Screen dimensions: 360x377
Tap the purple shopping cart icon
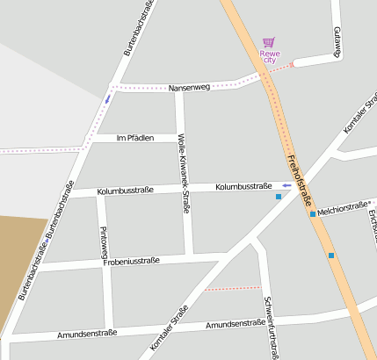[x=268, y=41]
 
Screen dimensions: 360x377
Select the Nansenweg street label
[x=189, y=88]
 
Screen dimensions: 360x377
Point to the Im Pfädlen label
[x=134, y=138]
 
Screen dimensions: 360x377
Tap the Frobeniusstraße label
[x=130, y=261]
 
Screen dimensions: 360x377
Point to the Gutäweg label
[x=337, y=41]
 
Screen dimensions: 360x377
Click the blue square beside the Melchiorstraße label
[x=312, y=213]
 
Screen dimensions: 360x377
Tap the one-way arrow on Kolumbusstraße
[x=286, y=185]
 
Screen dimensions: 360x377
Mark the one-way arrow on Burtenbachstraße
[x=107, y=98]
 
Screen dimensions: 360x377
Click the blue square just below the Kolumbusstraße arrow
[x=279, y=197]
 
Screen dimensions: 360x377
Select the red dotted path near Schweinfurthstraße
[x=232, y=287]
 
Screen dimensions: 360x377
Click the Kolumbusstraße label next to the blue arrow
[x=243, y=186]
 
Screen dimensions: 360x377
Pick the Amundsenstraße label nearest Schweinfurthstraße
[x=235, y=324]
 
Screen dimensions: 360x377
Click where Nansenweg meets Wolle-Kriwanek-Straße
[x=179, y=90]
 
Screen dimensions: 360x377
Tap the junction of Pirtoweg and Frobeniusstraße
[x=107, y=262]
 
